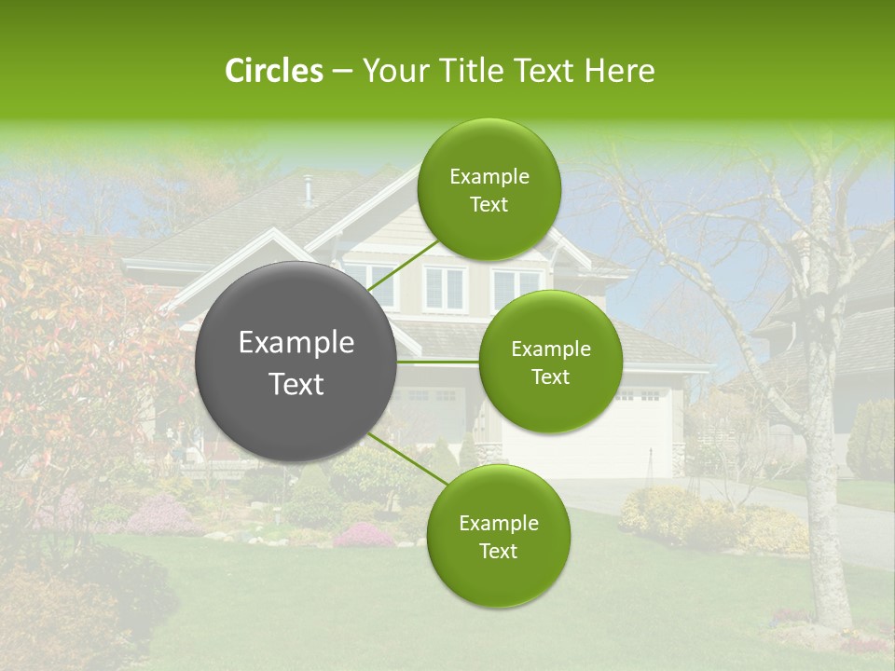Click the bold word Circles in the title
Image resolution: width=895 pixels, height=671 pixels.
273,71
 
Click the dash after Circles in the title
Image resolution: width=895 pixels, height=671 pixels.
341,72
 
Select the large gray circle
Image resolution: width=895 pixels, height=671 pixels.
296,362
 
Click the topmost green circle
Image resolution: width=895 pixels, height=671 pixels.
489,189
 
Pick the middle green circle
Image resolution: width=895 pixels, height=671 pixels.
550,362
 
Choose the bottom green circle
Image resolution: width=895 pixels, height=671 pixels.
498,536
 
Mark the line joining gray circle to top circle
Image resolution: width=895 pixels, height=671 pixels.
404,264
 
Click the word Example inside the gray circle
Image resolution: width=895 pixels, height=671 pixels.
296,343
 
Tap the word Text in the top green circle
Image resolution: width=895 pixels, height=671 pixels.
489,205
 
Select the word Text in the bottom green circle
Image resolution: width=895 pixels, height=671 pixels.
498,552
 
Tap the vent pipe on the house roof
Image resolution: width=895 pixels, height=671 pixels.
308,188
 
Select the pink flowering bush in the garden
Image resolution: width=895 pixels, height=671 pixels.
364,535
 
